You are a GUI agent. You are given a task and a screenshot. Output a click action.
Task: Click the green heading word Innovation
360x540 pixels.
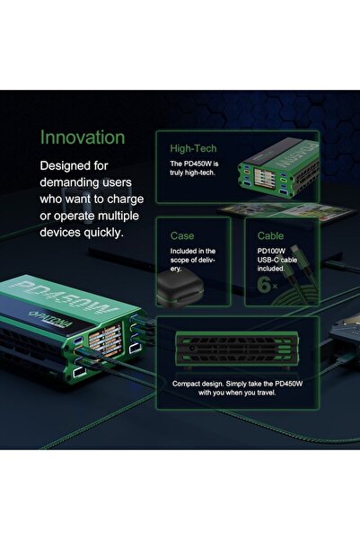click(x=83, y=137)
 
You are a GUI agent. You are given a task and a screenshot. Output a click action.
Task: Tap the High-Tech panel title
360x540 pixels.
click(x=193, y=148)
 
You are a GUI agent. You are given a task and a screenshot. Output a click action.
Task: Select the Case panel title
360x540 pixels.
click(x=182, y=235)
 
